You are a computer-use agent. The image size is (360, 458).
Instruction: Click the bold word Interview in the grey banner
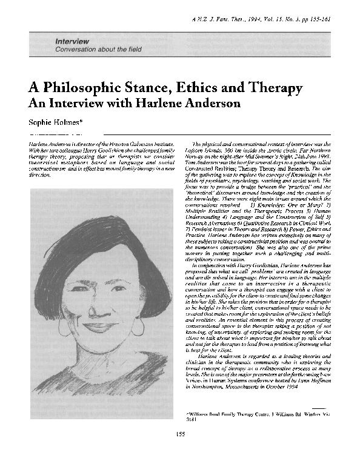coord(73,41)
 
